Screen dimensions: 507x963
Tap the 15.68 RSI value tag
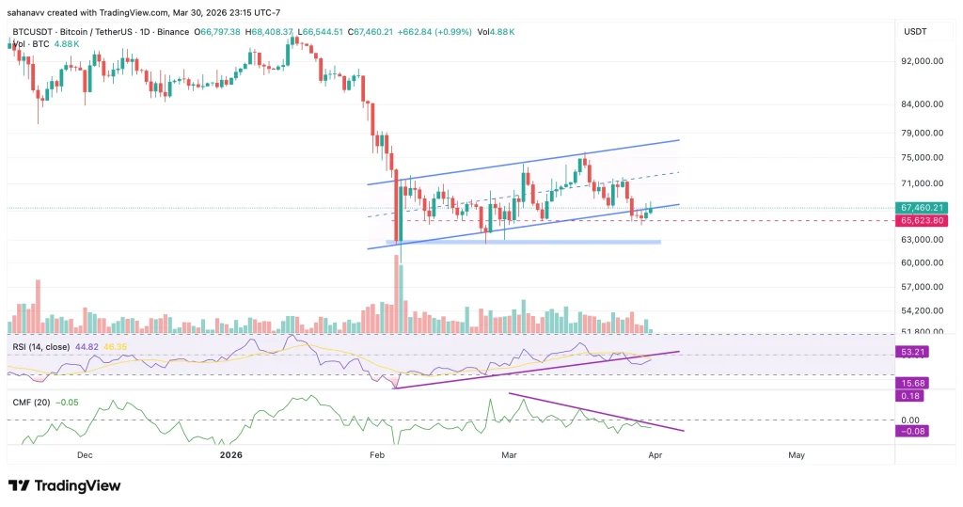pos(912,382)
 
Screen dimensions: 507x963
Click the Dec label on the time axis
pos(85,455)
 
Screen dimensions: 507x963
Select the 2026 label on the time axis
pos(230,455)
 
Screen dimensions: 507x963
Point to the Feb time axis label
pos(378,455)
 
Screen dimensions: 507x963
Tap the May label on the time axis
pos(797,455)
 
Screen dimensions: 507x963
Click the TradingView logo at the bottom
pos(64,485)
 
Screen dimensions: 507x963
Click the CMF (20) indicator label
pos(31,404)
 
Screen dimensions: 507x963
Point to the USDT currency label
pos(915,32)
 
